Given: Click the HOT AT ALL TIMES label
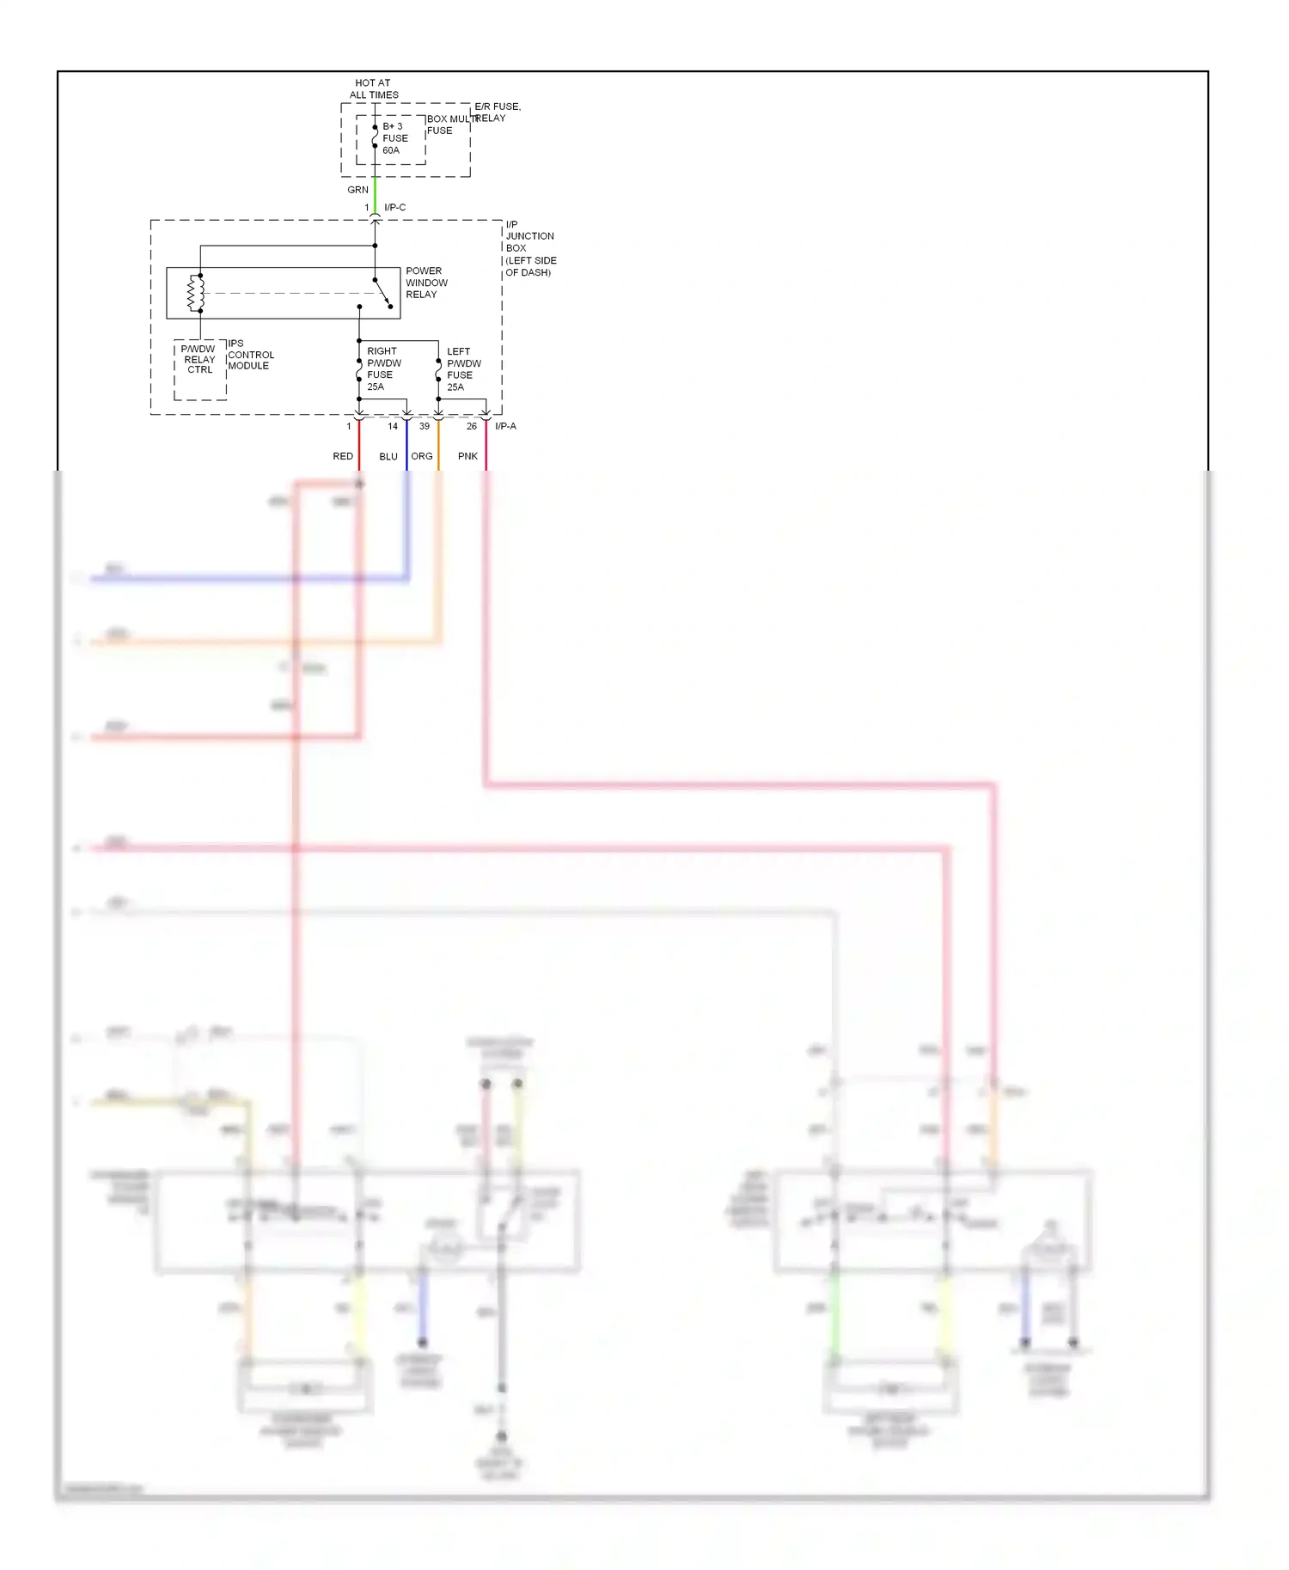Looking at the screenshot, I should click(373, 88).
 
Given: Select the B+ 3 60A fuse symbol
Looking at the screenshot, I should click(375, 137).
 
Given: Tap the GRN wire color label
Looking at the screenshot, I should click(357, 190).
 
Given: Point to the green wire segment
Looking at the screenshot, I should click(375, 195).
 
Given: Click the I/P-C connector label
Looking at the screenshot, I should click(394, 207).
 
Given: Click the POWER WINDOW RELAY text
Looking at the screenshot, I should click(426, 283).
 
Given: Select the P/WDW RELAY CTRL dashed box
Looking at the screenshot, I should click(199, 370).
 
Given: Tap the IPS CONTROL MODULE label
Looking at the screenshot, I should click(250, 355).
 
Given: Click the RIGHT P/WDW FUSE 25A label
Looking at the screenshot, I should click(383, 368).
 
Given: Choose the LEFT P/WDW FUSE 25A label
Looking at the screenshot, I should click(463, 369).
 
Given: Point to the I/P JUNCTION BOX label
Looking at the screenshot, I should click(529, 248).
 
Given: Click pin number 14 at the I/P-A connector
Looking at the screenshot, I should click(393, 426).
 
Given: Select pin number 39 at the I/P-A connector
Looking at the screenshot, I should click(425, 426).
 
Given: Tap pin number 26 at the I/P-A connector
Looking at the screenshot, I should click(472, 426).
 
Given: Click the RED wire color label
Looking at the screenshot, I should click(343, 456).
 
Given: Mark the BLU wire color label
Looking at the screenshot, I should click(388, 456).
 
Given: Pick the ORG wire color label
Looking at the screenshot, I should click(422, 456).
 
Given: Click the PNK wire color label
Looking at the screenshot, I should click(467, 456).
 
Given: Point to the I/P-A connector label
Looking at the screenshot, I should click(505, 426).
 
